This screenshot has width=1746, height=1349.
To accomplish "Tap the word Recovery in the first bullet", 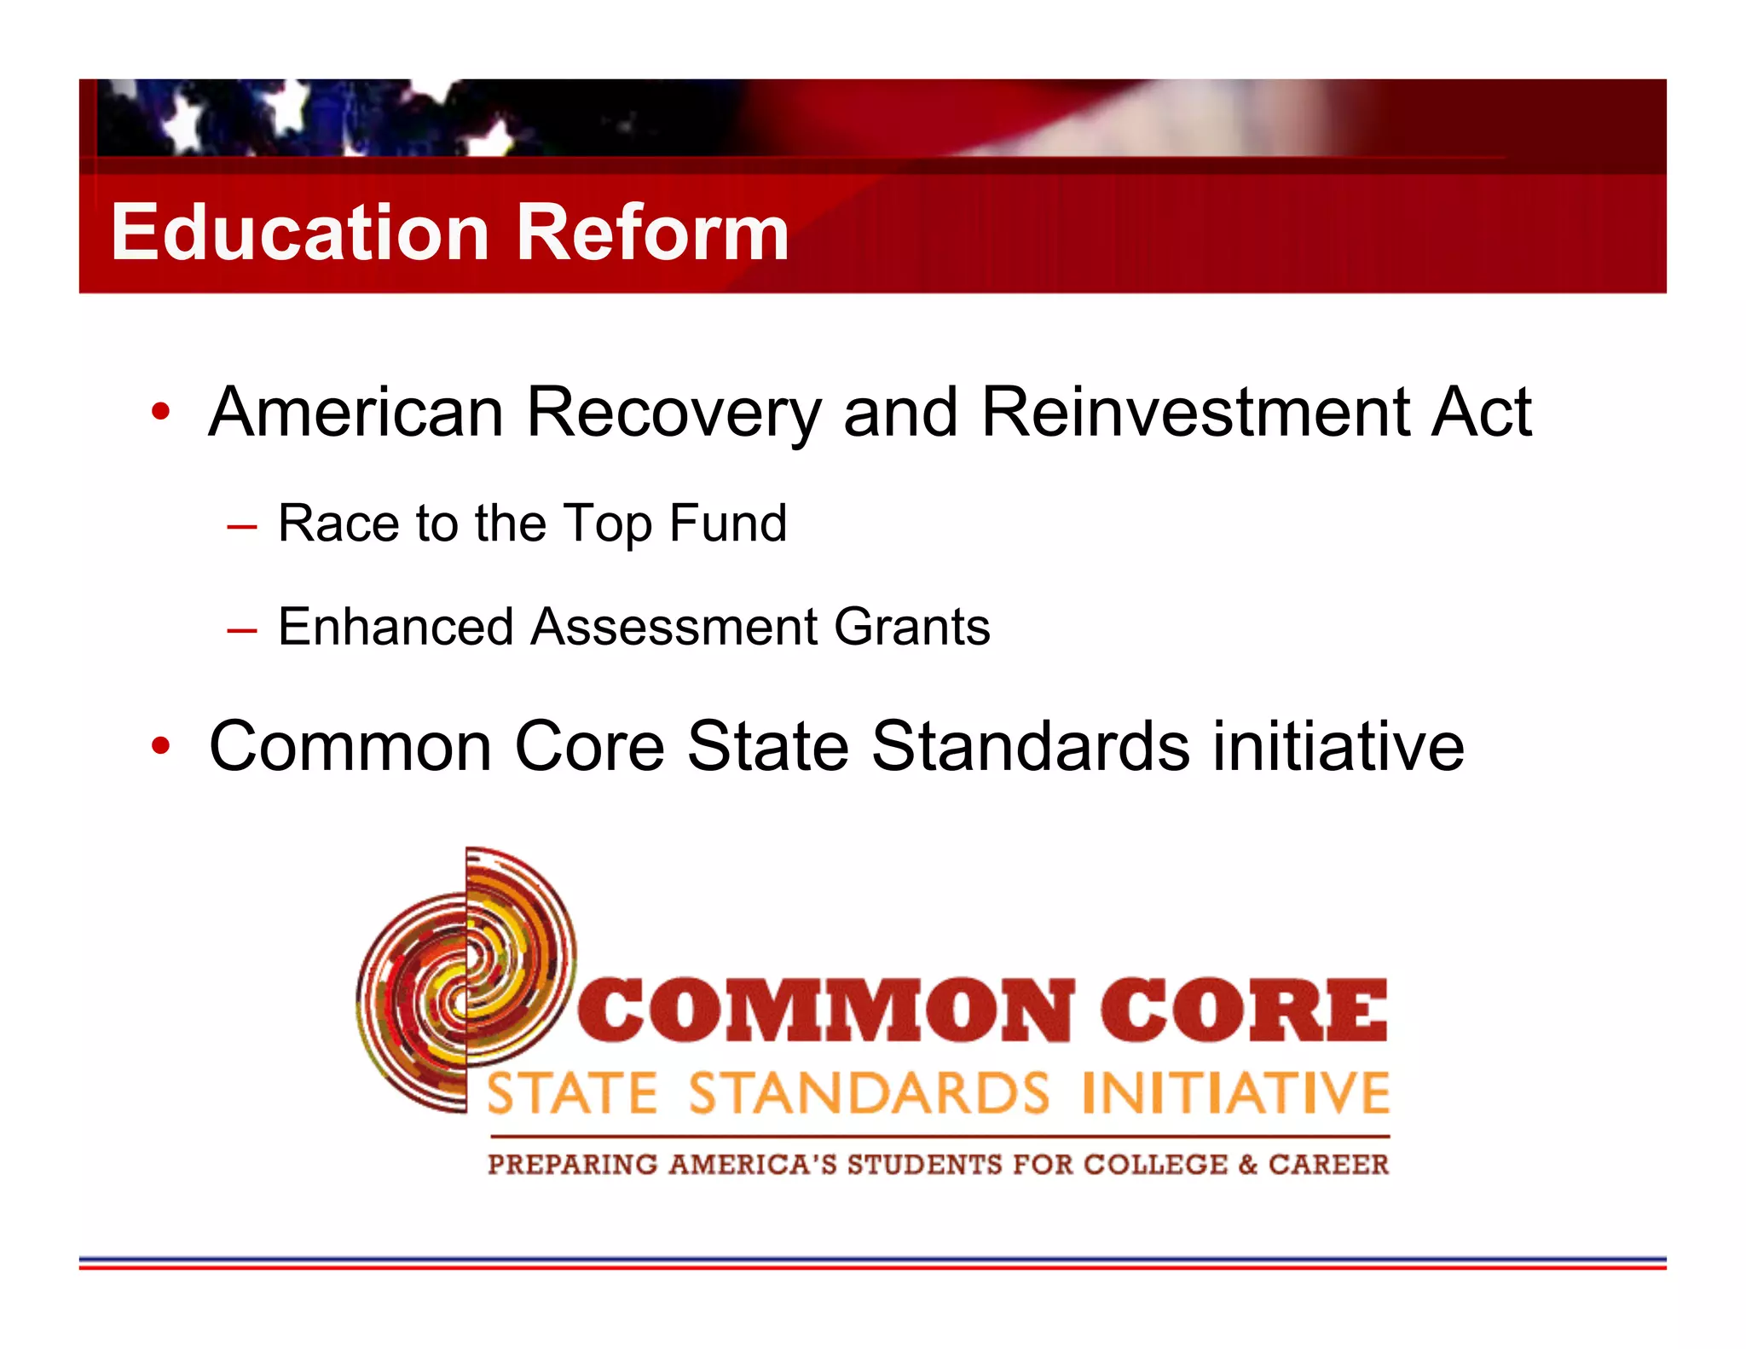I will tap(674, 414).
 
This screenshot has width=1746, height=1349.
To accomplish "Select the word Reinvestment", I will tap(1194, 413).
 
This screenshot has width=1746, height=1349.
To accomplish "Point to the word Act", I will tap(1481, 413).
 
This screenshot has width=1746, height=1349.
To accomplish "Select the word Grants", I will tap(911, 627).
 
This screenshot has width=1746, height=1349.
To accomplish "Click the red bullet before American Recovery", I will tap(160, 414).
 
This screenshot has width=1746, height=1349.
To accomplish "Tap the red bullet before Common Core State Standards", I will tap(160, 747).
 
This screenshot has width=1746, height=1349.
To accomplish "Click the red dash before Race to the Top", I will tap(242, 527).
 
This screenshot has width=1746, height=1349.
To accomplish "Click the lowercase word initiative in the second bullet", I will tap(1338, 747).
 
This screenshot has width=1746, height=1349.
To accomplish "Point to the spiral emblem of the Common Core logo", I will tap(465, 981).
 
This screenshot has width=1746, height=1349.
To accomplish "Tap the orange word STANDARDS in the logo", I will tap(869, 1094).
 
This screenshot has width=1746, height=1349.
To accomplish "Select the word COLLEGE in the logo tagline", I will tap(1155, 1165).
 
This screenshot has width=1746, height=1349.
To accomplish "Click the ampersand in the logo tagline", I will tap(1247, 1165).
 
